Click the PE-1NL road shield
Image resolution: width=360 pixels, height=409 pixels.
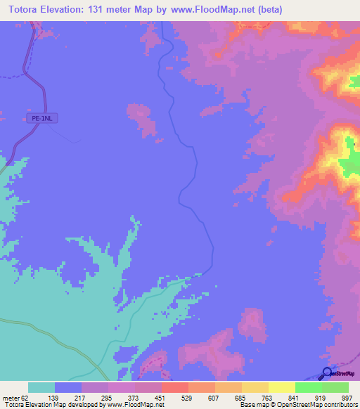click(x=43, y=119)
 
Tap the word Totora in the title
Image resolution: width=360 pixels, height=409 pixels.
click(x=23, y=10)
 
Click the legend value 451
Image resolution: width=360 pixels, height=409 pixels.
click(x=160, y=397)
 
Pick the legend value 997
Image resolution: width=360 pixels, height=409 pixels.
click(x=347, y=397)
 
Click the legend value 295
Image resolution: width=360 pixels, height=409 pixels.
click(x=107, y=397)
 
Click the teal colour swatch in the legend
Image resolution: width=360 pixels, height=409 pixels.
click(x=41, y=387)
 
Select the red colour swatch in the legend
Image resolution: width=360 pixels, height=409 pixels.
click(x=174, y=387)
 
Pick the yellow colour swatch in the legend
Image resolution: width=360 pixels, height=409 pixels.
click(x=281, y=387)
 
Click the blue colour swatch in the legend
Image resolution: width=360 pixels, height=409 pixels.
click(x=67, y=387)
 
